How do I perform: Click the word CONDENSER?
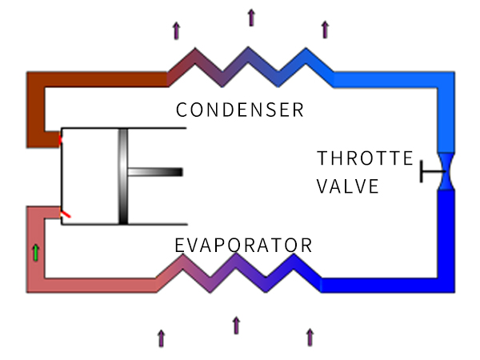tap(239, 110)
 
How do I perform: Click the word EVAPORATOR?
tap(243, 244)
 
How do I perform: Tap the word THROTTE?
tap(364, 158)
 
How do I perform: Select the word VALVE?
tap(348, 186)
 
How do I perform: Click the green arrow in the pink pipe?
tap(35, 253)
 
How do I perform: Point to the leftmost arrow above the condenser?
tap(176, 30)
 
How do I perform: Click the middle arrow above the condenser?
tap(250, 17)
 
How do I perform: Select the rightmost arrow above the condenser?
tap(325, 30)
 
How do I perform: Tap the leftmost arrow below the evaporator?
tap(162, 338)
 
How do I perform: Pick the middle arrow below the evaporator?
tap(236, 325)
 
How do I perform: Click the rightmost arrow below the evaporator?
tap(310, 337)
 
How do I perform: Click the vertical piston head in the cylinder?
tap(122, 176)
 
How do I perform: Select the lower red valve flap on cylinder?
tap(64, 213)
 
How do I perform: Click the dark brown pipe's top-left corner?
tap(35, 80)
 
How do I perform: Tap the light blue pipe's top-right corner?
tap(445, 80)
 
